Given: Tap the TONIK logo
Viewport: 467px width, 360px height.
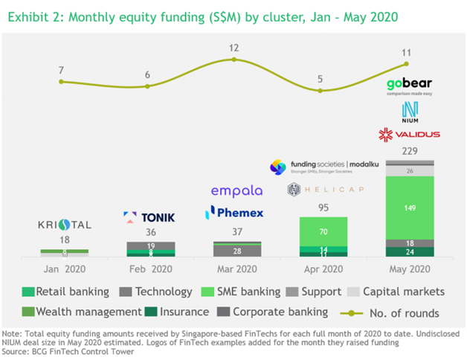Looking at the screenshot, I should click(149, 217).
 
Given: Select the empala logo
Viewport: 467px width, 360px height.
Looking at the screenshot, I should click(237, 191).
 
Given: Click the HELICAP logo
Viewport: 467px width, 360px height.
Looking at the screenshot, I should click(326, 189).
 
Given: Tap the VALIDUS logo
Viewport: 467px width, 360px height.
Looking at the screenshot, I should click(409, 135).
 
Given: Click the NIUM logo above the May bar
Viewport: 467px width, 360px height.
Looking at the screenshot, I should click(409, 112).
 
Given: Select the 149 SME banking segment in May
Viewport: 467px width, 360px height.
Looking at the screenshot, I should click(408, 208).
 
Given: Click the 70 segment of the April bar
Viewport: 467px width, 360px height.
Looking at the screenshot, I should click(323, 231).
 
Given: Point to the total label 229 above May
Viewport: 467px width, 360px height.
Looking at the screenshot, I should click(408, 152).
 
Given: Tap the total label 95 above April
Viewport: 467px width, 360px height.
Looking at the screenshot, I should click(323, 208).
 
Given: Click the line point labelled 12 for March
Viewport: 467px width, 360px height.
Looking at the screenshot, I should click(234, 59).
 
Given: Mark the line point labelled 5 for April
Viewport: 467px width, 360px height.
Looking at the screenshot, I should click(321, 91).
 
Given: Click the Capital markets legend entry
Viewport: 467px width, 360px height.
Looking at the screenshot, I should click(402, 292).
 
